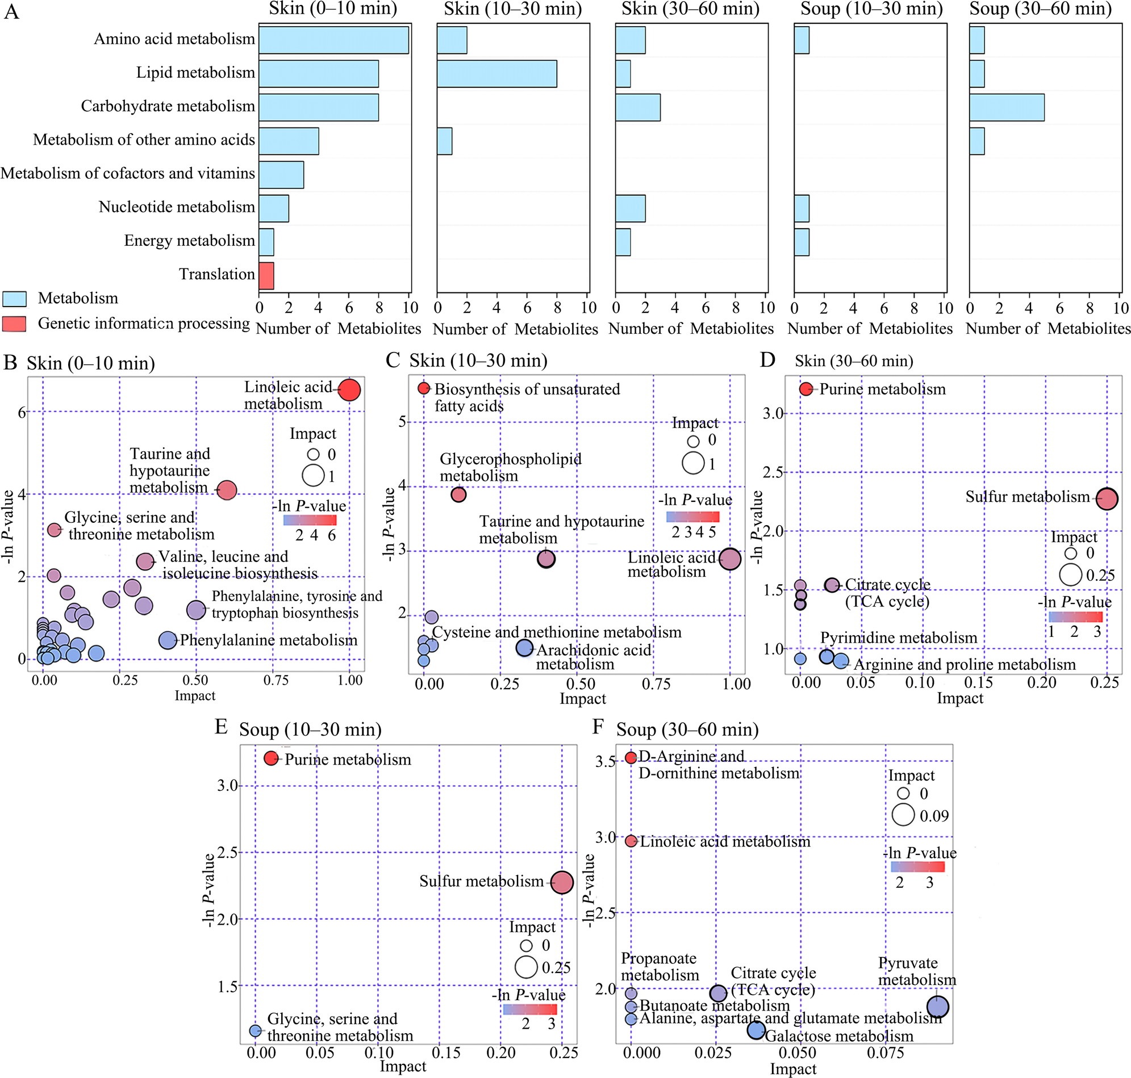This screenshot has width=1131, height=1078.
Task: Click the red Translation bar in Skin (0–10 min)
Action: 266,276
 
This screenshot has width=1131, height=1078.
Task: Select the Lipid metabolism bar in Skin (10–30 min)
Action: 496,74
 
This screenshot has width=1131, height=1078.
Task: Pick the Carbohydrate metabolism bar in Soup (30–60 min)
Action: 1006,107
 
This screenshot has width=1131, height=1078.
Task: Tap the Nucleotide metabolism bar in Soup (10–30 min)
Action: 802,208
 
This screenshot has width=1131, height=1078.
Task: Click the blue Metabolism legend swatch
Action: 14,299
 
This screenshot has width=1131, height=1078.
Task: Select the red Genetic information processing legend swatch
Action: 14,324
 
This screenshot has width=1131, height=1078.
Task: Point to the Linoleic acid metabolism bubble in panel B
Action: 349,390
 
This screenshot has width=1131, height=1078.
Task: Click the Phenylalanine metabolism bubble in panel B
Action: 168,640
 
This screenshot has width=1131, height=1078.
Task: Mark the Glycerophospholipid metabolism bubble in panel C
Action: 458,494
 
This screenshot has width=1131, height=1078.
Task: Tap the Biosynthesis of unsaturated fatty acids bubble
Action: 424,388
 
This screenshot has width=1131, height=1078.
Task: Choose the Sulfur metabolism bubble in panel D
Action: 1107,498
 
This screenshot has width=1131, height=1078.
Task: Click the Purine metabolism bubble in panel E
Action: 271,758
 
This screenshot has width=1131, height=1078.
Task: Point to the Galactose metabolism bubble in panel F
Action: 756,1030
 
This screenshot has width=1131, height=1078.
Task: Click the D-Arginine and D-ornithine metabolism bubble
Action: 631,757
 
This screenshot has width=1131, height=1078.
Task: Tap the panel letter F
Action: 598,727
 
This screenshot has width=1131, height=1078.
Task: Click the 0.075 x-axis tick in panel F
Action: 885,1052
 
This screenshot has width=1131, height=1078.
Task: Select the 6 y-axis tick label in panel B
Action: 22,413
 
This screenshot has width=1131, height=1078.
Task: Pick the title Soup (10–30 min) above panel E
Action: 311,729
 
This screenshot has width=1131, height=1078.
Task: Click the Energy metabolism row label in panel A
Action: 189,241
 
